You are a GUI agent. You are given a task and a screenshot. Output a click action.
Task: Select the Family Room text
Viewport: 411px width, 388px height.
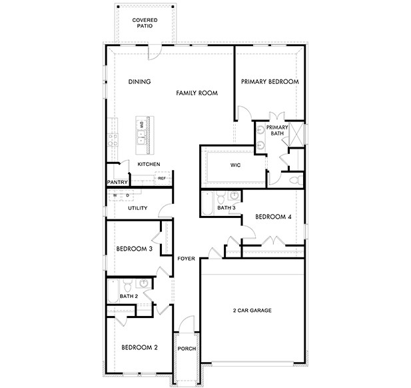pos(197,94)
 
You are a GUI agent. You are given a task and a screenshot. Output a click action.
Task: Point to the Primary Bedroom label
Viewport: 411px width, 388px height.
pos(269,82)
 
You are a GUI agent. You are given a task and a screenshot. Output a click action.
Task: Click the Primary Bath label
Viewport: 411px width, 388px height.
pos(277,131)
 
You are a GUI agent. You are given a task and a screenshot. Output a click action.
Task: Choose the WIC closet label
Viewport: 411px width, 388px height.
pos(235,164)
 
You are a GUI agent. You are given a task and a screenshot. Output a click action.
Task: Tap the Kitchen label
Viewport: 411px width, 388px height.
pos(149,164)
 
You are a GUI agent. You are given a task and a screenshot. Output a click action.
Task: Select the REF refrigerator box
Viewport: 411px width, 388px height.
pos(162,178)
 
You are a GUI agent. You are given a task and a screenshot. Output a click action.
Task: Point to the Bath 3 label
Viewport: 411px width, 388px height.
pos(226,208)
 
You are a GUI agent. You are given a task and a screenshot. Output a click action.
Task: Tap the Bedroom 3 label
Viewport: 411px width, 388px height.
pos(135,249)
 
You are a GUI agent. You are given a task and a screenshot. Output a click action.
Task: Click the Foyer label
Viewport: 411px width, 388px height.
pos(186,259)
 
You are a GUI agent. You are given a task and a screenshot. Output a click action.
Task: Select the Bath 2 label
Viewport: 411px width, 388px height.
pos(129,296)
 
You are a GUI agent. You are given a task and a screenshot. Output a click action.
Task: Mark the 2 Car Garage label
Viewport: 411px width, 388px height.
pos(252,311)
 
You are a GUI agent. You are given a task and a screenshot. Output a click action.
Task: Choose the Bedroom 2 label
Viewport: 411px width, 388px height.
pos(139,347)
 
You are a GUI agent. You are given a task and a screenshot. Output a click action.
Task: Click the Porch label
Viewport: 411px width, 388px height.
pos(187,347)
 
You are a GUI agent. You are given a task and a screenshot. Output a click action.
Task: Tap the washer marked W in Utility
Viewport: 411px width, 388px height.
pos(115,195)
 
